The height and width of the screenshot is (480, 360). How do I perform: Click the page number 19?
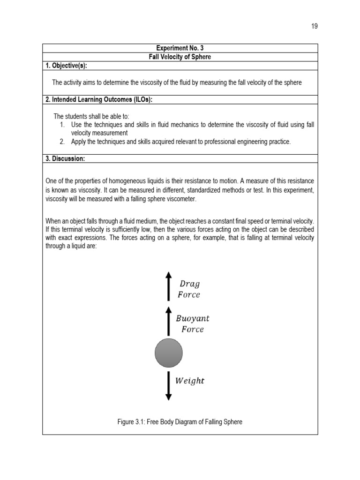(314, 26)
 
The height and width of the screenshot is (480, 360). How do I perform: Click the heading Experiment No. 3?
(180, 48)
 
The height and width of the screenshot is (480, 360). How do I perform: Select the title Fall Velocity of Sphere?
(180, 57)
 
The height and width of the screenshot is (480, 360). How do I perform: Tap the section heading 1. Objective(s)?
(67, 65)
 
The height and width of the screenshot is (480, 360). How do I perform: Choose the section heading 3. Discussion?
(65, 159)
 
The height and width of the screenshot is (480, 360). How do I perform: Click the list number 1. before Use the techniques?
(63, 125)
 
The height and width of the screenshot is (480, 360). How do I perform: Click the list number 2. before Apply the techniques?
(63, 142)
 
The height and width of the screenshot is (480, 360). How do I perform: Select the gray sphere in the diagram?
(169, 354)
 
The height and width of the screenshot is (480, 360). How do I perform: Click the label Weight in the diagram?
(190, 381)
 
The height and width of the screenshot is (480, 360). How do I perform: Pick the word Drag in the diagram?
(190, 284)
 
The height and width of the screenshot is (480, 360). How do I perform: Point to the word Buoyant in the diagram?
(193, 318)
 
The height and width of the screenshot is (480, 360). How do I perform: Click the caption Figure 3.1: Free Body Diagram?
(180, 422)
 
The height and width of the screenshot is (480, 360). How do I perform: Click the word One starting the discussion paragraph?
(52, 181)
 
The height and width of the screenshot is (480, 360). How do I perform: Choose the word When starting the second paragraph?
(54, 221)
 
